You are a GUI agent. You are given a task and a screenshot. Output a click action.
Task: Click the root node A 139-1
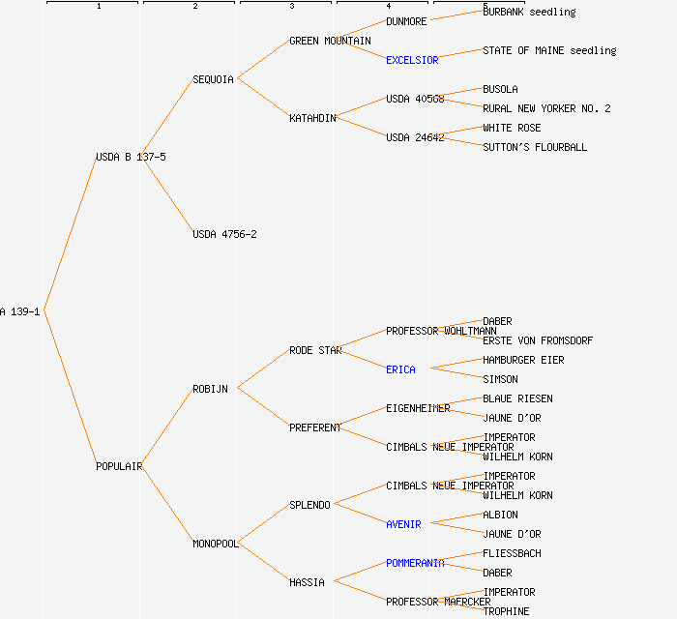(x=19, y=311)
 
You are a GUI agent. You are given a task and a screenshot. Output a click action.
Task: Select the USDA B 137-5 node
(x=131, y=157)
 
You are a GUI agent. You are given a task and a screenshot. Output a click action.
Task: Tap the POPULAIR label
(x=119, y=466)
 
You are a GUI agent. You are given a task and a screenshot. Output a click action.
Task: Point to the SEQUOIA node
(x=213, y=79)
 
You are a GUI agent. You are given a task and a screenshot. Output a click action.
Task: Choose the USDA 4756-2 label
(x=224, y=234)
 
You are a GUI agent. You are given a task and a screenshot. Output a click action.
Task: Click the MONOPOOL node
(x=215, y=544)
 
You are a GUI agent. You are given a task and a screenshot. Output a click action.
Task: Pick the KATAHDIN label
(x=312, y=118)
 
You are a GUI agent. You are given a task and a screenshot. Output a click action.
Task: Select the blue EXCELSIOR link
(x=412, y=60)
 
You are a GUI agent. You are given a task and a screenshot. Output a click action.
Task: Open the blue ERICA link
(x=400, y=369)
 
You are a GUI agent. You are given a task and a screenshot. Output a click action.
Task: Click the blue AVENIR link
(x=403, y=524)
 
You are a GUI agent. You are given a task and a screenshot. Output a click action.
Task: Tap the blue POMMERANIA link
(x=415, y=563)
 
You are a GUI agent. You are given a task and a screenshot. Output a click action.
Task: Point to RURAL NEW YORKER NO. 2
(x=546, y=108)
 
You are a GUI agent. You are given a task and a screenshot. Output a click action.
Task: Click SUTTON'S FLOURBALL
(x=535, y=147)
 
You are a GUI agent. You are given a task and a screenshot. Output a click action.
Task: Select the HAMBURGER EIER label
(x=523, y=360)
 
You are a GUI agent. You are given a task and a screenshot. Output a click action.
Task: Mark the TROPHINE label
(x=506, y=611)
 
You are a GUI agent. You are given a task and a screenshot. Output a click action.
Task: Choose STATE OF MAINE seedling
(x=549, y=50)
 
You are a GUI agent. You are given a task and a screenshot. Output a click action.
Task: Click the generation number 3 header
(x=291, y=7)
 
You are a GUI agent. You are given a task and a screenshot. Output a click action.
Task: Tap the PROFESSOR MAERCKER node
(x=438, y=602)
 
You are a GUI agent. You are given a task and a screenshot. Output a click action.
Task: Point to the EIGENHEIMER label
(x=418, y=408)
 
